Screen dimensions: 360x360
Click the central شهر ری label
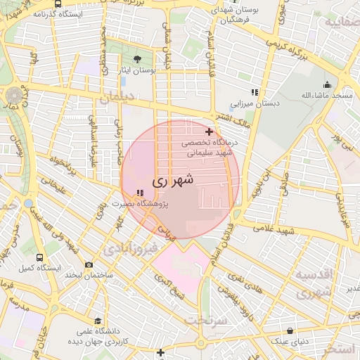pos(170,181)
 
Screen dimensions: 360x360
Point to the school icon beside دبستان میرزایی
pos(255,92)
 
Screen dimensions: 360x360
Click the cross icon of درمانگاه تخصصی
pos(209,131)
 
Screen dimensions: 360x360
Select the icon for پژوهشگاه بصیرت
pos(140,191)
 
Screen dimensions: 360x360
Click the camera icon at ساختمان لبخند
pos(89,265)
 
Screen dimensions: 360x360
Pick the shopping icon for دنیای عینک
pos(290,331)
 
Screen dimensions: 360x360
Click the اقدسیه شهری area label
pos(312,283)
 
